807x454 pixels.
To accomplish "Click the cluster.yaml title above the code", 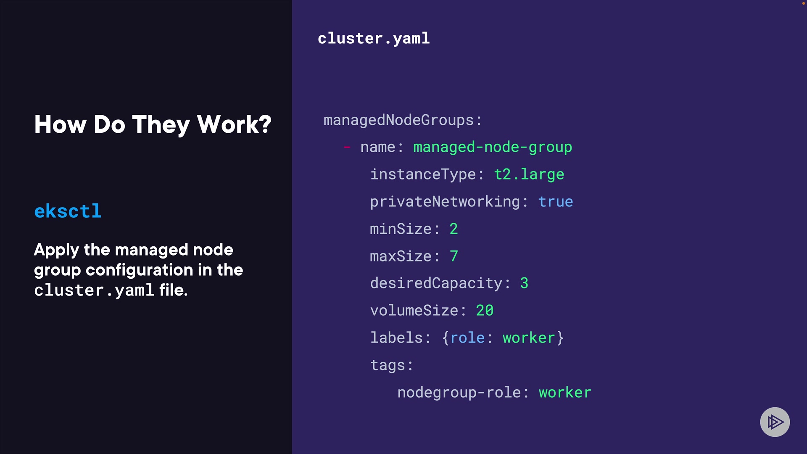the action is (x=373, y=39).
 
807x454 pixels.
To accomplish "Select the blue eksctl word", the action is (x=68, y=211).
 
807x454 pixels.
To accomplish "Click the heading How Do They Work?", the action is (x=153, y=124).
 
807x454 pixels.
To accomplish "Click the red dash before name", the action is (x=347, y=147).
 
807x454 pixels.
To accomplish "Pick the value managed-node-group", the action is (x=492, y=147).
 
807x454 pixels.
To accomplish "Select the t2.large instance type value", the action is (x=529, y=174).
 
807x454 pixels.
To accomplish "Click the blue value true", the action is (x=555, y=202).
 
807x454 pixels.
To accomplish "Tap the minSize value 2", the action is (x=454, y=229).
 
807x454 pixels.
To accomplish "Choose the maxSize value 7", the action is (x=454, y=256).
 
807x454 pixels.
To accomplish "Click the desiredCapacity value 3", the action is (x=524, y=283).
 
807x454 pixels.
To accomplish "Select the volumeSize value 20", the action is (x=484, y=311).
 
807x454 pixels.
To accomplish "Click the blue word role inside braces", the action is (x=467, y=338).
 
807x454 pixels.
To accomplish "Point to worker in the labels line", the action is (x=529, y=338).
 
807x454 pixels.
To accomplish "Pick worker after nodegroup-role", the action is (x=565, y=393).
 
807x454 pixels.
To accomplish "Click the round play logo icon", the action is (x=775, y=422).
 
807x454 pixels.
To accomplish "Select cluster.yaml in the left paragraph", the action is (x=94, y=290).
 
